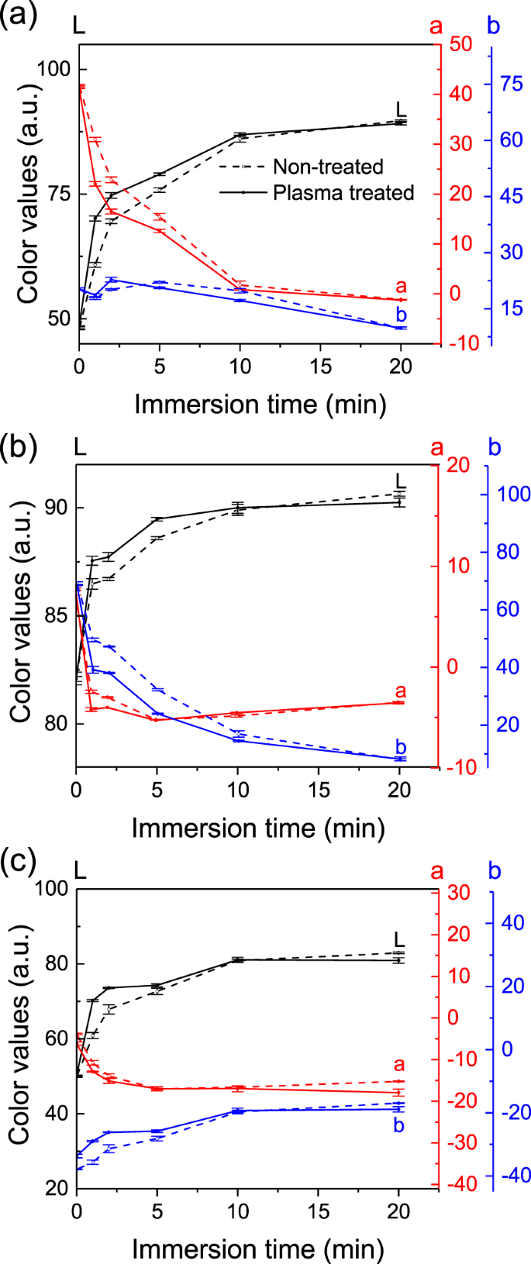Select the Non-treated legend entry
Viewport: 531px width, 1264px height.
click(x=327, y=167)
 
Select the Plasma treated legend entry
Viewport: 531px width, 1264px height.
click(x=343, y=192)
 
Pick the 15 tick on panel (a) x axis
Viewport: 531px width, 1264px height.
click(x=320, y=365)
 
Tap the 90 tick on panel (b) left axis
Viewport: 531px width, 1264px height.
click(x=57, y=508)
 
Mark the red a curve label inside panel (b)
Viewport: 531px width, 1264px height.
click(x=400, y=691)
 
